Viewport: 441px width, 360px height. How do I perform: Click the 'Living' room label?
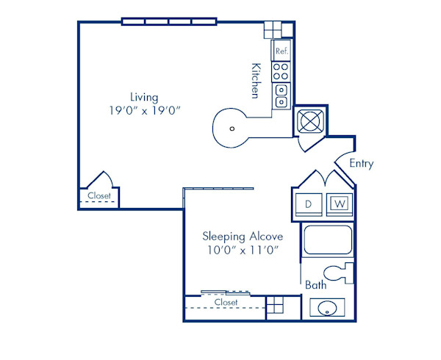point(144,97)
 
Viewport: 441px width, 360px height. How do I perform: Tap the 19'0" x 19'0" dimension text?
point(144,111)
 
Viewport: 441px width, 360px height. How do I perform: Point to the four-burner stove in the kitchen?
point(281,71)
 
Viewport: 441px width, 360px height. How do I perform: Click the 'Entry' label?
point(361,163)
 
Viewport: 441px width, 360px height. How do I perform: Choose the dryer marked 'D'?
point(310,204)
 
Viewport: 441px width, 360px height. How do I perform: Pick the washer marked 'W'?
point(339,204)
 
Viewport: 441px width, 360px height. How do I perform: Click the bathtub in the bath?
point(328,241)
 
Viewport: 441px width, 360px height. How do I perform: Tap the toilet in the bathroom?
point(341,274)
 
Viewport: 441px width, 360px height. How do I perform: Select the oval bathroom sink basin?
point(324,308)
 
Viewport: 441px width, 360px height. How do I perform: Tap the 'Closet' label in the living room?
point(98,195)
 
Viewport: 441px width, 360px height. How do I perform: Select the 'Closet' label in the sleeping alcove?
point(226,302)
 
